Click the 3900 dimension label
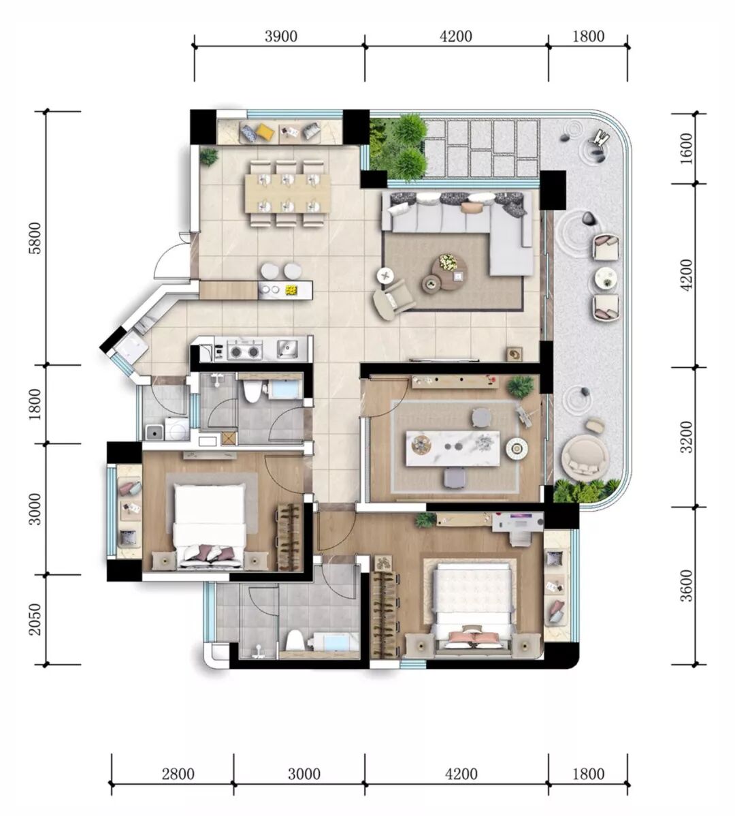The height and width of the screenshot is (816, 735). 280,36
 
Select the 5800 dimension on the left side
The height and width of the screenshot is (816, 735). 35,238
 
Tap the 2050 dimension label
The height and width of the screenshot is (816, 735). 35,619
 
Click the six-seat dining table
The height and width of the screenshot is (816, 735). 287,193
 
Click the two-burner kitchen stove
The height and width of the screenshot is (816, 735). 244,351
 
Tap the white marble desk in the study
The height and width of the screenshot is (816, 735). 453,449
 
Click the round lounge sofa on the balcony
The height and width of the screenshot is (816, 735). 585,457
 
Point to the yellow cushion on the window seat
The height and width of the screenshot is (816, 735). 265,131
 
